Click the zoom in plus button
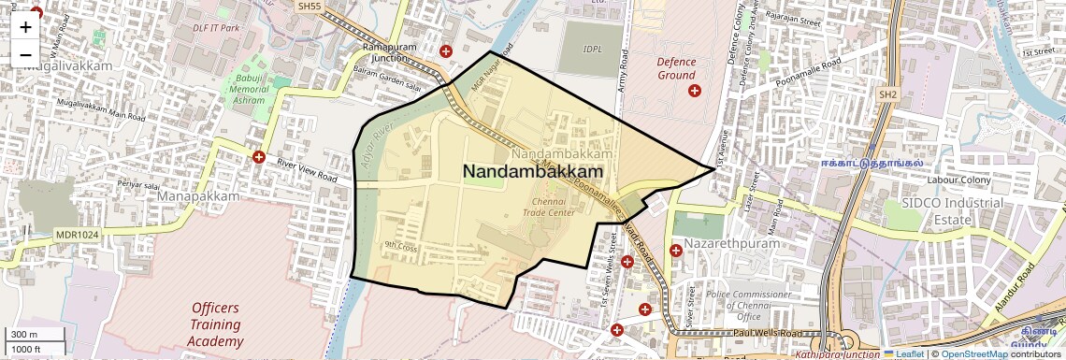coord(25,26)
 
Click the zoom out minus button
coord(25,54)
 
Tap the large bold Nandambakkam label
coord(532,172)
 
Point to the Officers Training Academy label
coord(215,324)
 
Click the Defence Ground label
coord(676,68)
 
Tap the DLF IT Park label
coord(216,28)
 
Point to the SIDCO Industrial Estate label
coord(952,210)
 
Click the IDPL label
coord(592,49)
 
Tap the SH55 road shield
coord(309,6)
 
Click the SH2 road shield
coord(887,94)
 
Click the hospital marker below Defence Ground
coord(694,91)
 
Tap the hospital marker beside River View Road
coord(258,157)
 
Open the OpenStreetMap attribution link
coord(973,353)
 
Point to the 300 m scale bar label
coord(25,335)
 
